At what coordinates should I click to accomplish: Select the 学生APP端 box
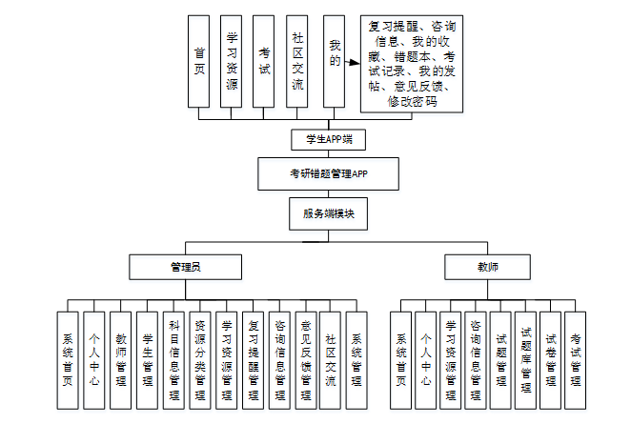[328, 140]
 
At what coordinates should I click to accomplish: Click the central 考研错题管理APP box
[328, 174]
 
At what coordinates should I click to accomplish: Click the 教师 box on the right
[488, 267]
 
